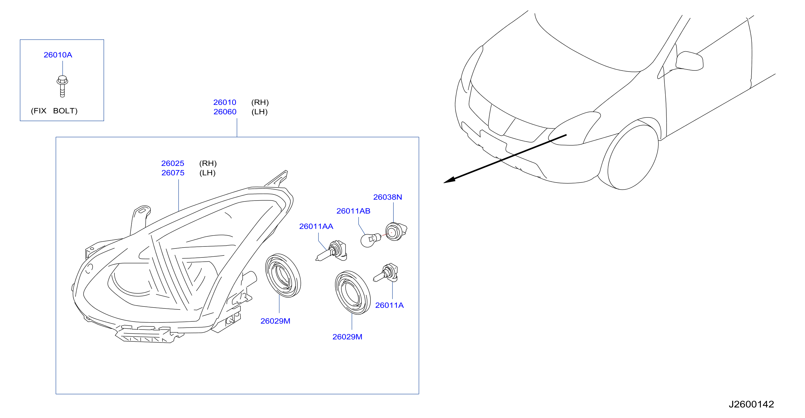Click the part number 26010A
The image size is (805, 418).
[x=58, y=55]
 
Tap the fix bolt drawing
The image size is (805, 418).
[x=62, y=86]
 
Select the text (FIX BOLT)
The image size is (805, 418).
[x=54, y=111]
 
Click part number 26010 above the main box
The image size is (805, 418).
[x=225, y=102]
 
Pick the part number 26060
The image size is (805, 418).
[x=225, y=112]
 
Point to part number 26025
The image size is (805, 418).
[x=173, y=163]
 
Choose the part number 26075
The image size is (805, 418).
[x=173, y=173]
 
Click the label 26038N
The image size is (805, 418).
[x=388, y=197]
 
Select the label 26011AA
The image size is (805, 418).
[x=316, y=226]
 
